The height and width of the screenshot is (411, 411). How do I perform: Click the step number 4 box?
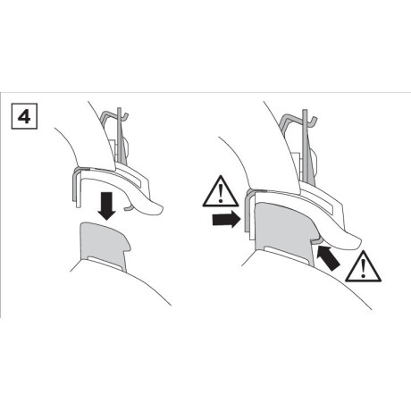click(x=24, y=116)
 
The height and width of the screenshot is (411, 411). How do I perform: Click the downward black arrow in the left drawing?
click(x=106, y=205)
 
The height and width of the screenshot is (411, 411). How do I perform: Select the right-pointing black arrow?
click(x=226, y=220)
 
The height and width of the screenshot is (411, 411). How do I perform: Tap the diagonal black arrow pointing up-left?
click(x=328, y=257)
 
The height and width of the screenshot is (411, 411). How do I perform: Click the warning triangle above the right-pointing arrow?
click(x=221, y=191)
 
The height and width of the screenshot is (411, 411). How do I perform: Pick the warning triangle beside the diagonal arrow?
click(x=363, y=267)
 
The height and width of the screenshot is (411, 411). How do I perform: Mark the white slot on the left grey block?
click(x=105, y=262)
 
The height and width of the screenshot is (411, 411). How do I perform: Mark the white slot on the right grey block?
click(x=288, y=254)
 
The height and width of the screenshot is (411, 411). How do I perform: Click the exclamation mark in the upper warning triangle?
click(x=221, y=193)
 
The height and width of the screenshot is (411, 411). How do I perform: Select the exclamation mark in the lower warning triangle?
click(x=363, y=269)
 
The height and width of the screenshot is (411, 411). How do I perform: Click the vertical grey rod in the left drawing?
click(x=121, y=136)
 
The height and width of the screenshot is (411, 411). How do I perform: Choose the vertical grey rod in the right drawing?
click(x=305, y=146)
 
